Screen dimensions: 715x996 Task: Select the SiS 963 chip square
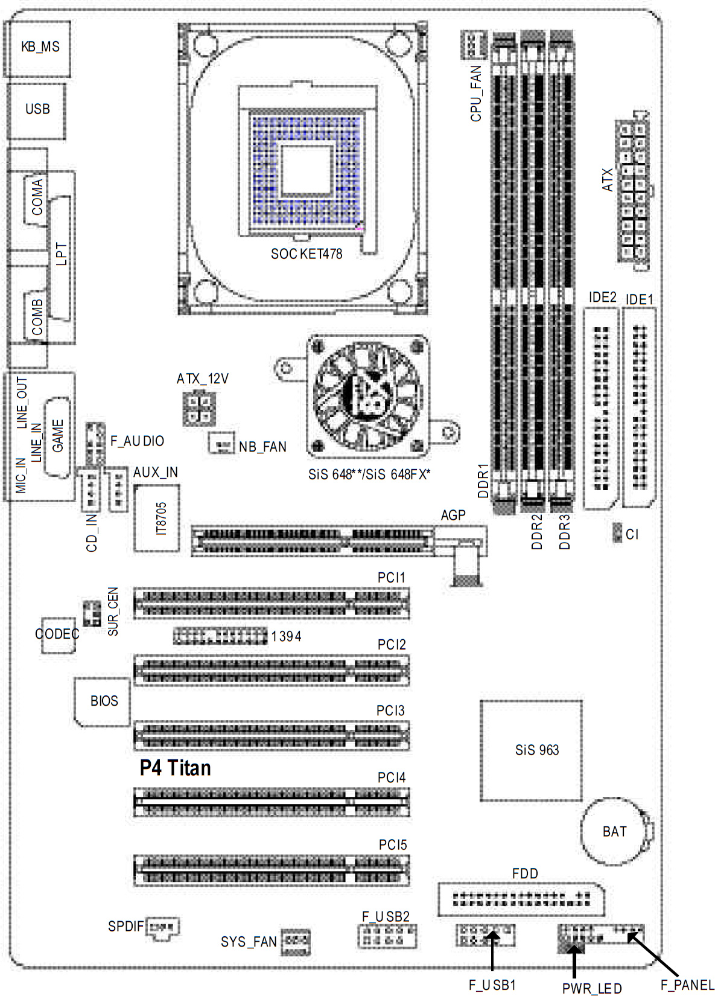coord(531,751)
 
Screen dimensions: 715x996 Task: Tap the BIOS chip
coord(102,702)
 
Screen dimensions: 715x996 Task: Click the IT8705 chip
coord(157,518)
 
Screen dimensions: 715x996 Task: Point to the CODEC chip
coord(58,635)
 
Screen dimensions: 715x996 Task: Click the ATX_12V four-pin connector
coord(199,409)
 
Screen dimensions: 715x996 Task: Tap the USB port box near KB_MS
coord(37,111)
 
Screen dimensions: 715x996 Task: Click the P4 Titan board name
coord(175,768)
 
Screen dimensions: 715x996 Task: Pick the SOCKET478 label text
coord(307,254)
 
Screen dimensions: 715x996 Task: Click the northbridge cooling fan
coord(367,397)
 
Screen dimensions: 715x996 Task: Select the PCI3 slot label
coord(390,710)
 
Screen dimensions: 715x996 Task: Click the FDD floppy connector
coord(521,899)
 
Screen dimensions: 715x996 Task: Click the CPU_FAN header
coord(474,45)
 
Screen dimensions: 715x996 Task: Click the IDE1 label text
coord(640,299)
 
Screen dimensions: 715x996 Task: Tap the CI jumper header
coord(617,532)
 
